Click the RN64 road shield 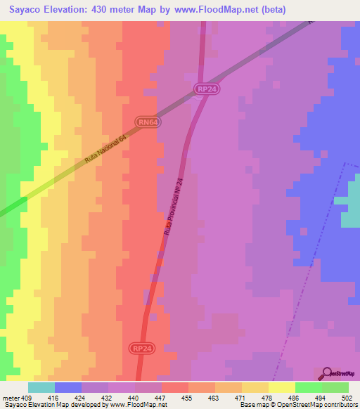pyautogui.click(x=148, y=122)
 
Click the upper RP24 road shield pyautogui.click(x=204, y=89)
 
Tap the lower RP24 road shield pyautogui.click(x=141, y=348)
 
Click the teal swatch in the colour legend pyautogui.click(x=41, y=387)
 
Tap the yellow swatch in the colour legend pyautogui.click(x=281, y=387)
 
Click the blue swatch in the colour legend pyautogui.click(x=67, y=387)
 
